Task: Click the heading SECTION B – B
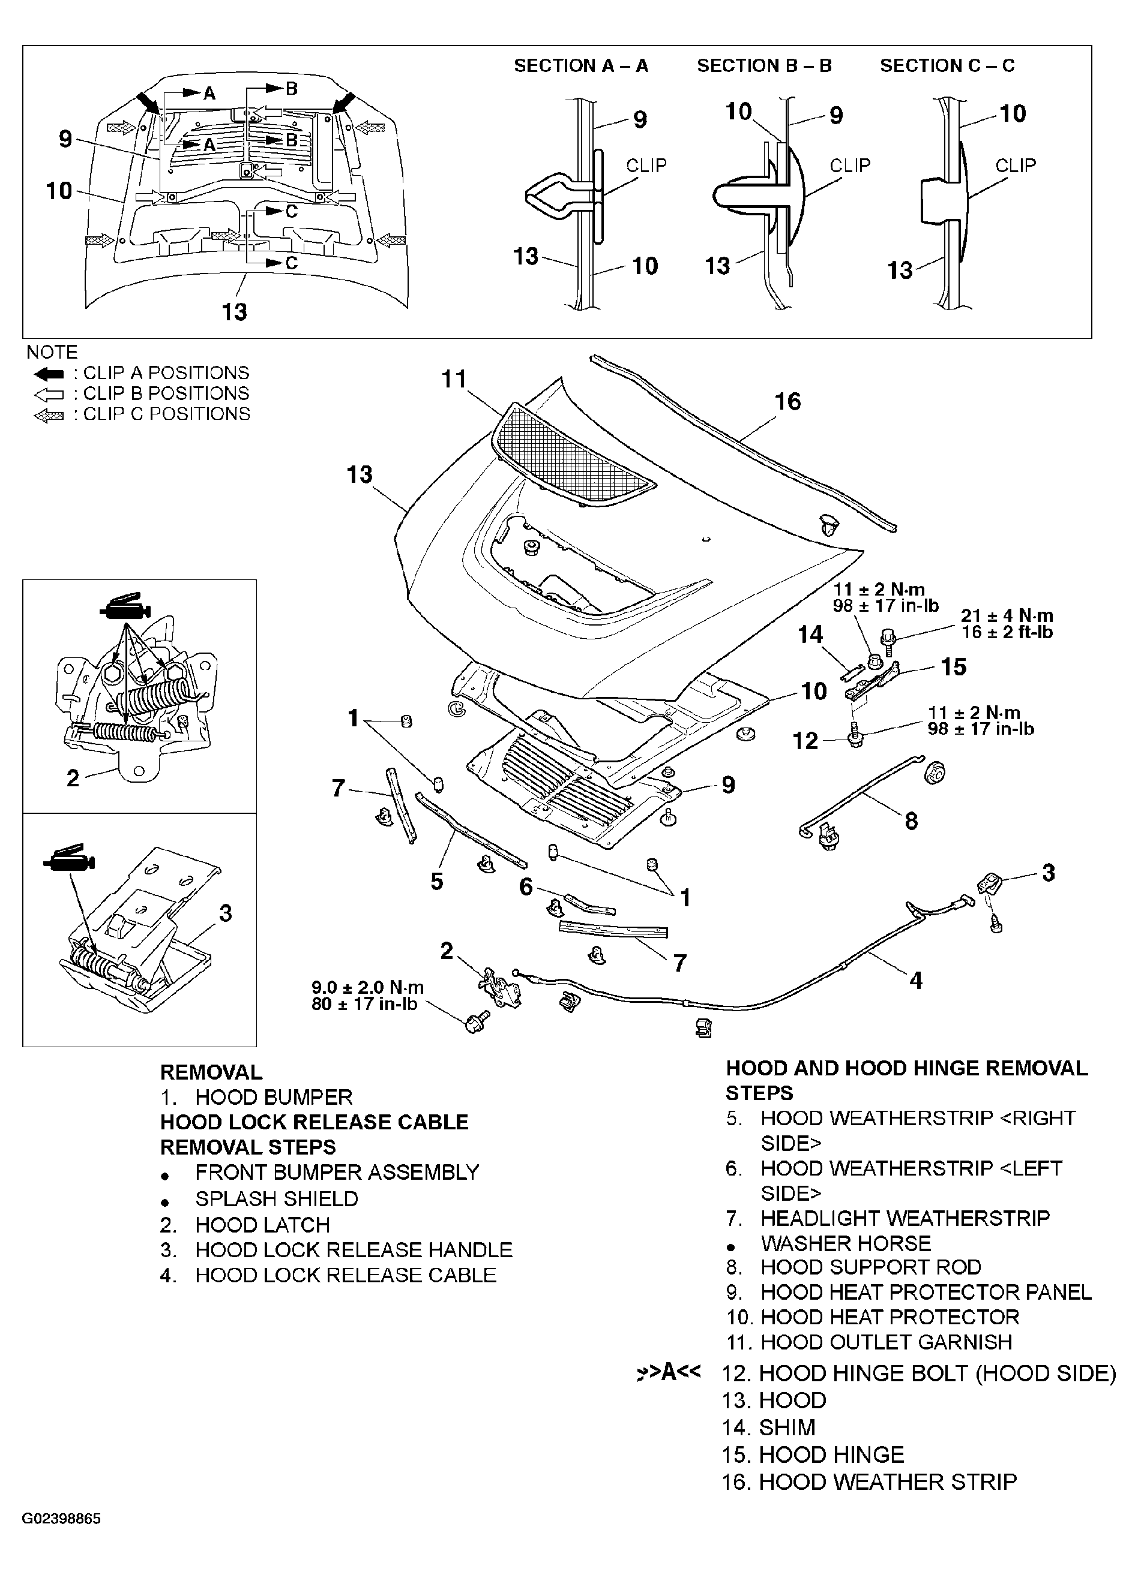coord(763,66)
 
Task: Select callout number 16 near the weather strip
coord(787,401)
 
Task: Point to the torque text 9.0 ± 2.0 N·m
coord(367,988)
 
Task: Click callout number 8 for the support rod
coord(911,821)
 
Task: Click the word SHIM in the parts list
coord(787,1427)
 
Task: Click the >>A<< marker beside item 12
coord(667,1372)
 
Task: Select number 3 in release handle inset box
coord(225,913)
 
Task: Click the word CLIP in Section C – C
coord(1016,166)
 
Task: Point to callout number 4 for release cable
coord(915,980)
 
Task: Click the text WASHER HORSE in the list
coord(845,1243)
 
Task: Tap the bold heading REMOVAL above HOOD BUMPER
coord(211,1072)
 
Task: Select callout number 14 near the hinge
coord(810,635)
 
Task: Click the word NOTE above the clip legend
coord(52,352)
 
